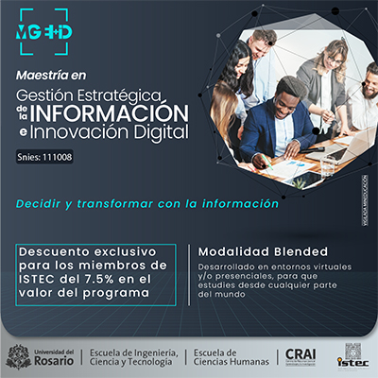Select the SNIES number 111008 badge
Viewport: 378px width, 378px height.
pyautogui.click(x=44, y=157)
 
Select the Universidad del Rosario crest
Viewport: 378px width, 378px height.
pyautogui.click(x=17, y=356)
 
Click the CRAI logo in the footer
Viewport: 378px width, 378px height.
pyautogui.click(x=301, y=355)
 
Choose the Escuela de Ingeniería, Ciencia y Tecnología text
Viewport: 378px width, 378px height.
pyautogui.click(x=133, y=356)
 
